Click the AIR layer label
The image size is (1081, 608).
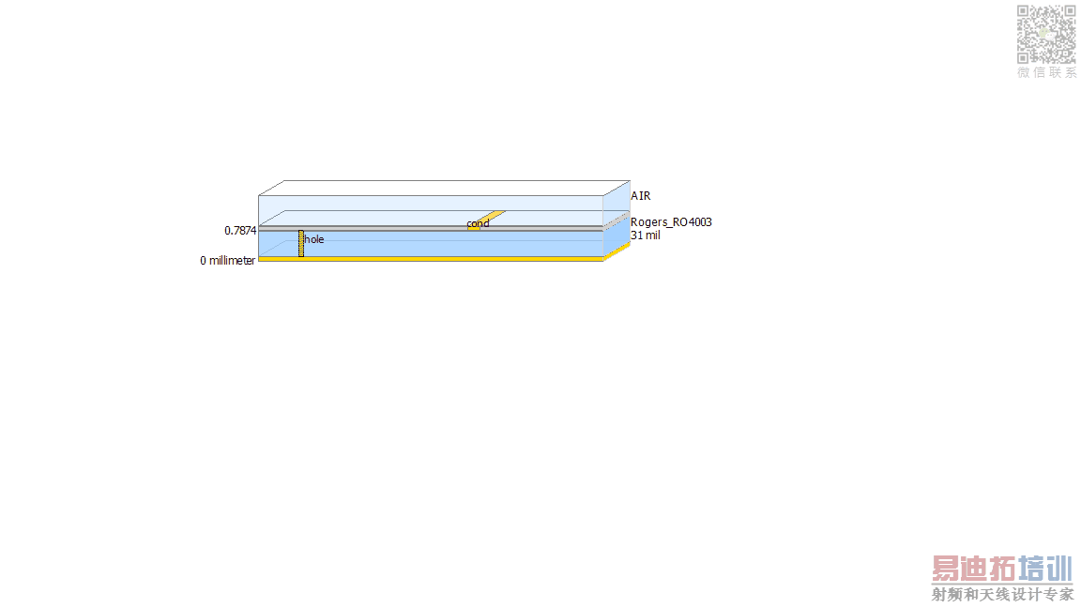pos(641,196)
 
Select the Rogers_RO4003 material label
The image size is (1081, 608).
pos(671,222)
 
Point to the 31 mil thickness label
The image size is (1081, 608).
pos(646,236)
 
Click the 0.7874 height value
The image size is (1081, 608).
pos(240,230)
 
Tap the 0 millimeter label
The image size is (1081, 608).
pos(227,261)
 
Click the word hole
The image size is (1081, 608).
pos(314,239)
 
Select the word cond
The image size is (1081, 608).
pos(478,223)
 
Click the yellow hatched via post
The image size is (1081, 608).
pos(301,243)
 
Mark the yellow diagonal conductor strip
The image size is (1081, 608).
pos(487,220)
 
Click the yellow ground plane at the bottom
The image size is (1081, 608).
pos(431,259)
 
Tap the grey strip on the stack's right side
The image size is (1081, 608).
pos(617,220)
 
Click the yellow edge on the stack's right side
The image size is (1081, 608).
pos(617,251)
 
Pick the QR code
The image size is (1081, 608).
pos(1046,35)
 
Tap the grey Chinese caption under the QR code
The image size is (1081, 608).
pos(1046,72)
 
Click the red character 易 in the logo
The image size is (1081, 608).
pos(947,570)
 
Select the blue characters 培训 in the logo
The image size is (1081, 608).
pos(1045,570)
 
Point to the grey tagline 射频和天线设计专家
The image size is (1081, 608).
pos(1002,594)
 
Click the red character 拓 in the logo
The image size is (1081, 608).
pos(1002,570)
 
